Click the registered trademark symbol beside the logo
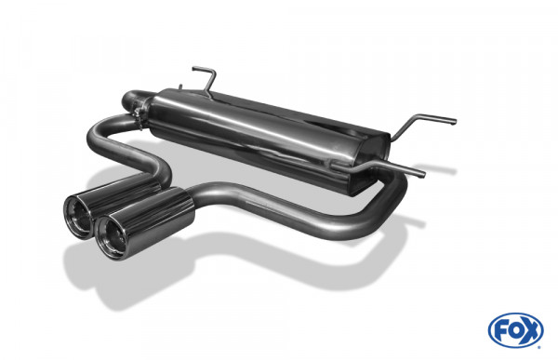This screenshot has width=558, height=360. (538, 346)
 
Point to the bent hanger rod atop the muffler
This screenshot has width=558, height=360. (206, 78)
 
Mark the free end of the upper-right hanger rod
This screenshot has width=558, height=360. (453, 121)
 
